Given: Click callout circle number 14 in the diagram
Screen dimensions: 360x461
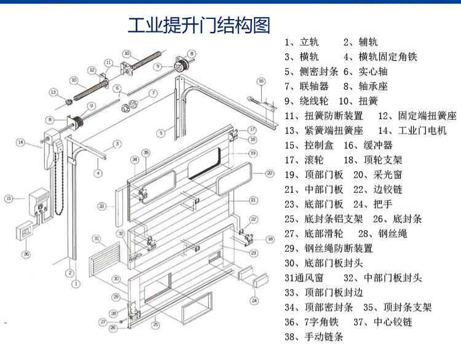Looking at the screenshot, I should pos(20,143).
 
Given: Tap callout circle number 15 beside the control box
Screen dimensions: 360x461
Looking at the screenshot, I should pos(9,198).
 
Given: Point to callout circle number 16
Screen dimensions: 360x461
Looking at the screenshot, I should pos(261,82).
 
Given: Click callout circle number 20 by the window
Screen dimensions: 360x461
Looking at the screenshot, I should pos(269,173).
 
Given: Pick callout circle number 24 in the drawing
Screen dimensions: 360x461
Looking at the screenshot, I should pos(254,300).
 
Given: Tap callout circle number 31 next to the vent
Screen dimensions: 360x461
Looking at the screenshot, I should pos(96,238).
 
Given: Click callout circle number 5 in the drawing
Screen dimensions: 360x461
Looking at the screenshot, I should pos(160,131).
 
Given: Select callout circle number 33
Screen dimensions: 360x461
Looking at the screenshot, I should pos(102,205).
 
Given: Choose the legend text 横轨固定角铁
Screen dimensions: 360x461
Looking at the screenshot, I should pos(387,57).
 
